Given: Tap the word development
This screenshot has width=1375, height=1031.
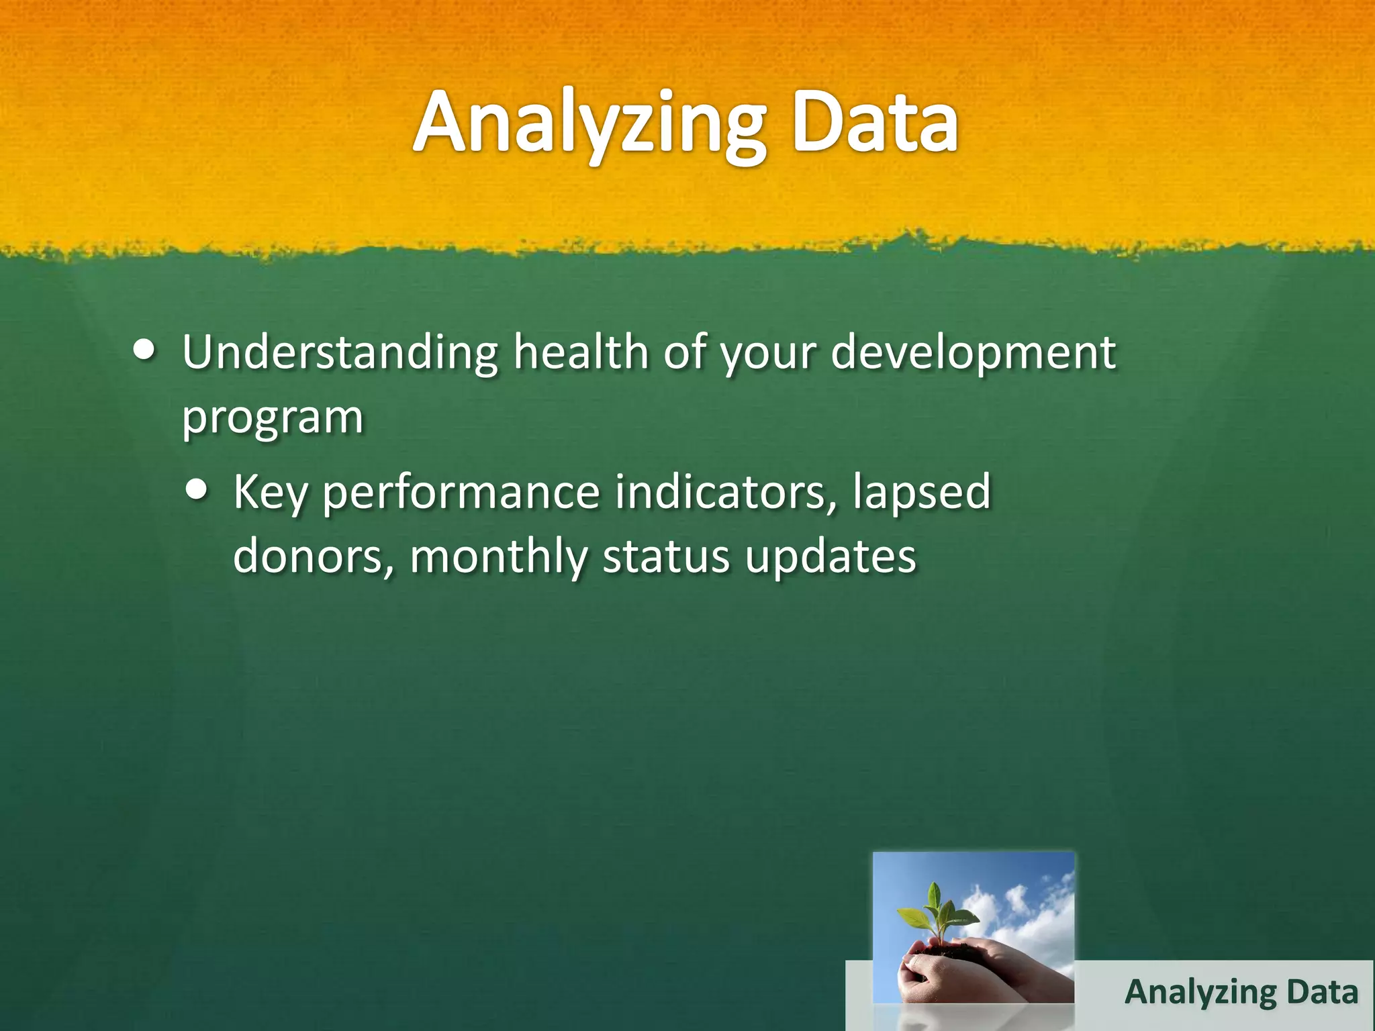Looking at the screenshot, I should click(x=973, y=354).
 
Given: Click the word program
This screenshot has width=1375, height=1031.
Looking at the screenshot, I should click(x=273, y=418).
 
